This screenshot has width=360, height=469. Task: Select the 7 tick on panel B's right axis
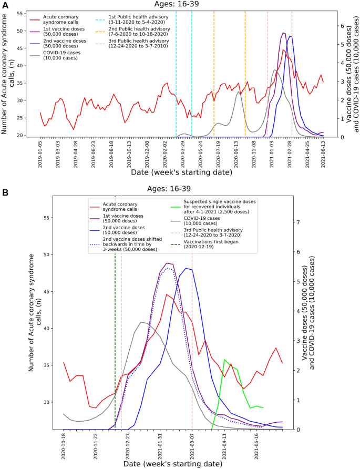tap(297, 222)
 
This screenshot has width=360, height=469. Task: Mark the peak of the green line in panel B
tap(225, 360)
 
